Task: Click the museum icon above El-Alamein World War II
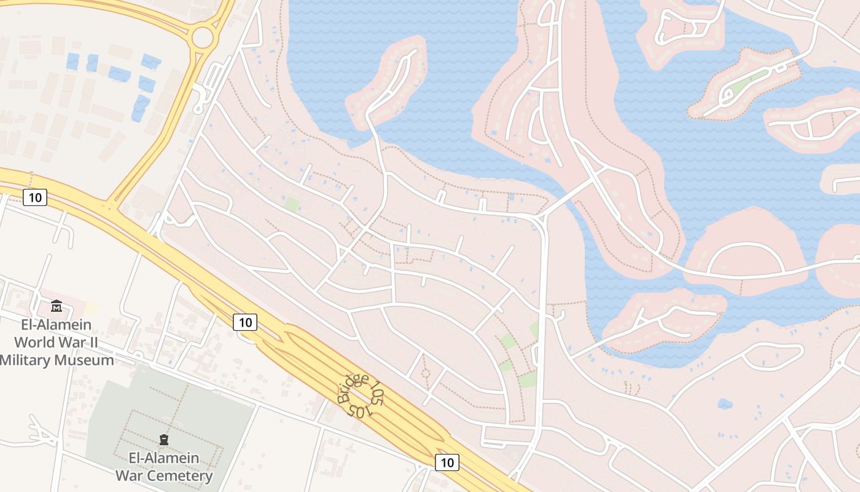tap(57, 306)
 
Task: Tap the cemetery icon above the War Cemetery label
tap(164, 439)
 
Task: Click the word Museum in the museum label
tap(84, 360)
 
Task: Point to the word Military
tap(26, 360)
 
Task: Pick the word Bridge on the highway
tap(353, 389)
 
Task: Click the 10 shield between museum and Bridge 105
tap(244, 322)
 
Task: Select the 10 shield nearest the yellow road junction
tap(35, 197)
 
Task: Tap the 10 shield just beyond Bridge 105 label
tap(447, 462)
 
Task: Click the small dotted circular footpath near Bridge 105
tap(425, 373)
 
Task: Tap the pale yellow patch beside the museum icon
tap(92, 307)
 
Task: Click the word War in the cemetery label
tap(131, 475)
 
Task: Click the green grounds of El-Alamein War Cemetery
tap(203, 412)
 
